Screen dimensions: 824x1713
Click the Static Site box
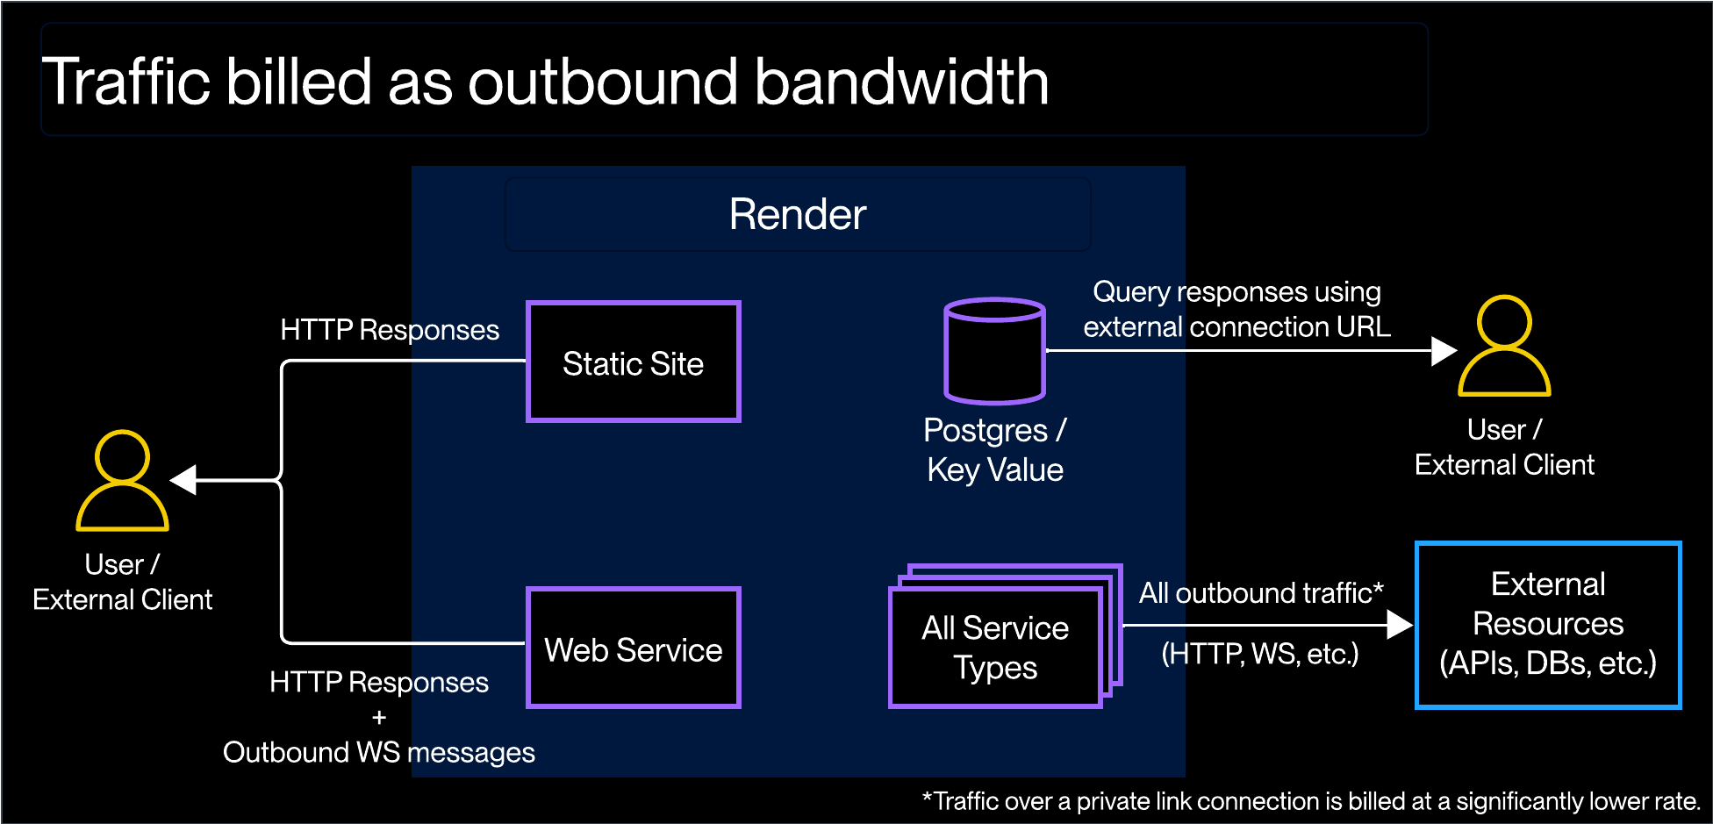pyautogui.click(x=633, y=362)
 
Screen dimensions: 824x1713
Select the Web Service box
pyautogui.click(x=633, y=648)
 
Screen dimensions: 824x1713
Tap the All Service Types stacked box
pyautogui.click(x=995, y=648)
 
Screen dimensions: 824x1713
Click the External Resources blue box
pyautogui.click(x=1548, y=624)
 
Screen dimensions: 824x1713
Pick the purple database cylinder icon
pyautogui.click(x=994, y=351)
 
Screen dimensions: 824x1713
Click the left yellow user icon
pyautogui.click(x=122, y=481)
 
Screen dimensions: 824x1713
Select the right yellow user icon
pyautogui.click(x=1504, y=347)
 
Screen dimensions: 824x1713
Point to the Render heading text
pyautogui.click(x=797, y=214)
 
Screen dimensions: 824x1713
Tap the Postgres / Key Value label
pyautogui.click(x=994, y=449)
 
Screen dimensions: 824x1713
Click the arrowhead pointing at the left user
pyautogui.click(x=183, y=480)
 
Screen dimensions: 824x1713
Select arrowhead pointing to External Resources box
pyautogui.click(x=1399, y=625)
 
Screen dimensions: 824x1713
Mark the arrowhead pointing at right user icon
pyautogui.click(x=1443, y=351)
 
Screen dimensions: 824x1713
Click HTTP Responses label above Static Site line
pyautogui.click(x=389, y=330)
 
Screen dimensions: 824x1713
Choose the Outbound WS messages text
pyautogui.click(x=378, y=752)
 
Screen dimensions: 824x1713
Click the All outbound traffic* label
pyautogui.click(x=1260, y=593)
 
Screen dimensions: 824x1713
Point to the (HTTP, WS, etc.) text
pyautogui.click(x=1259, y=654)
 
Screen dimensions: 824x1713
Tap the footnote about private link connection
pyautogui.click(x=1311, y=801)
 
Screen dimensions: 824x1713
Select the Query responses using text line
pyautogui.click(x=1236, y=291)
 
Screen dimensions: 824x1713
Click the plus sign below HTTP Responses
pyautogui.click(x=379, y=718)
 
